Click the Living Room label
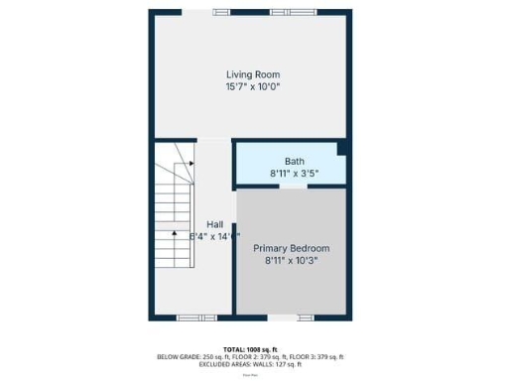[252, 74]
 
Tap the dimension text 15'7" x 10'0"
[252, 87]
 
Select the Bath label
[294, 161]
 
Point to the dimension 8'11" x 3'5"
[294, 173]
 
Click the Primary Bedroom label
[291, 248]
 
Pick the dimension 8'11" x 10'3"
[291, 261]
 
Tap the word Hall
[215, 224]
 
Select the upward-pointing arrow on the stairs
[174, 233]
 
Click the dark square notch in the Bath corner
[342, 149]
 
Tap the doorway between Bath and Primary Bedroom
[292, 186]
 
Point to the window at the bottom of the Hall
[190, 317]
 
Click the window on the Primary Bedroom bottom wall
[284, 317]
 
